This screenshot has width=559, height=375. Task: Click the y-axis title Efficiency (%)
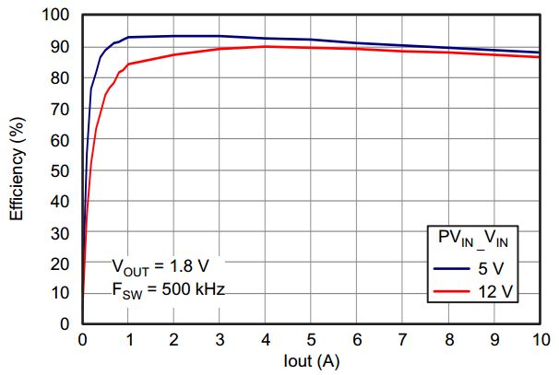(x=17, y=170)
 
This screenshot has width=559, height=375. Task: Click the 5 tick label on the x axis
(x=311, y=339)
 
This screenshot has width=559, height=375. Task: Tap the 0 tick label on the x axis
(x=82, y=339)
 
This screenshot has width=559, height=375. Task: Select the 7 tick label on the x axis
(x=403, y=339)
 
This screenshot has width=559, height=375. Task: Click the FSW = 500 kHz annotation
(x=168, y=288)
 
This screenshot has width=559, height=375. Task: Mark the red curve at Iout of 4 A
(x=266, y=46)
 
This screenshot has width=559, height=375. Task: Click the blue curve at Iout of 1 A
(x=128, y=37)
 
